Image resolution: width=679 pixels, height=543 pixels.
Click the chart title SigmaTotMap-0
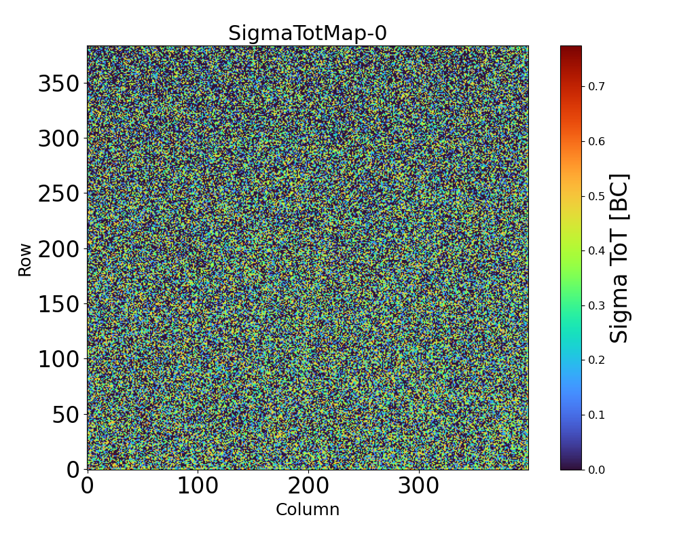tap(307, 33)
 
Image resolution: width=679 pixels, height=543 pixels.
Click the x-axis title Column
tap(307, 510)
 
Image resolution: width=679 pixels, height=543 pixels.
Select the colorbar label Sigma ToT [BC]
tap(619, 258)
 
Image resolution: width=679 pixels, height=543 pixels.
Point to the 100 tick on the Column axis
tap(198, 486)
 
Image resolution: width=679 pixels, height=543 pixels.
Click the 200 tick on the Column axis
tap(308, 486)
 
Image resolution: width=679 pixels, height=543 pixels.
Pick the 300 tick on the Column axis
tap(418, 486)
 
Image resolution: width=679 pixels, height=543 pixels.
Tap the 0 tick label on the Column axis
tap(88, 486)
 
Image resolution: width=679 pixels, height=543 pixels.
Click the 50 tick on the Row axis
tap(66, 414)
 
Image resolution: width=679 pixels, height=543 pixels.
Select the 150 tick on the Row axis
tap(58, 304)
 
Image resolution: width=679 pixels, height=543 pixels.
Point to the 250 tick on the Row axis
tap(58, 193)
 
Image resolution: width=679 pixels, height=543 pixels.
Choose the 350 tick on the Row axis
tap(58, 83)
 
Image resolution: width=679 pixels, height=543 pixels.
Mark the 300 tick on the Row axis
tap(58, 138)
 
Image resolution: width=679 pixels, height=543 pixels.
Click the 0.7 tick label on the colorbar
tap(596, 86)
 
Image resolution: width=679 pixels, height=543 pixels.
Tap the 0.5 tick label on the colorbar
tap(596, 196)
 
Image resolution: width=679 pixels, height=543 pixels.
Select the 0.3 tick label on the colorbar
tap(596, 305)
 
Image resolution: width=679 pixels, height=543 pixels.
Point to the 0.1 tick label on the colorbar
tap(596, 415)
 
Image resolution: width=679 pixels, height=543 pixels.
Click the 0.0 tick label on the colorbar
tap(596, 470)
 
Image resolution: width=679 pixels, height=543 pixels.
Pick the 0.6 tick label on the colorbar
tap(596, 141)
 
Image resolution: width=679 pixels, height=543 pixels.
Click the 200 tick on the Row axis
tap(58, 249)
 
